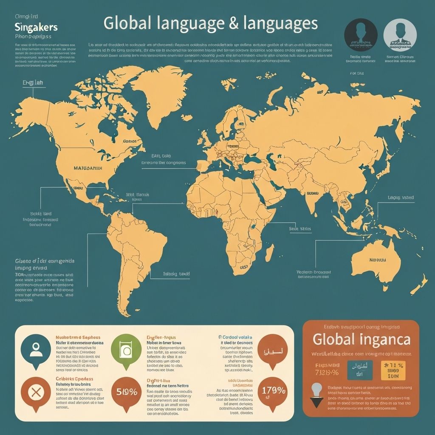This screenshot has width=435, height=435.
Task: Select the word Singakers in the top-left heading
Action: coord(36,27)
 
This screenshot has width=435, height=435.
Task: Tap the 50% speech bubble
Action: coord(124,391)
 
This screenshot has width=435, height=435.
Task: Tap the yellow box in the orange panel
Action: coord(393,370)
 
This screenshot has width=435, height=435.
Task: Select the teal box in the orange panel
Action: coord(359,370)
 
